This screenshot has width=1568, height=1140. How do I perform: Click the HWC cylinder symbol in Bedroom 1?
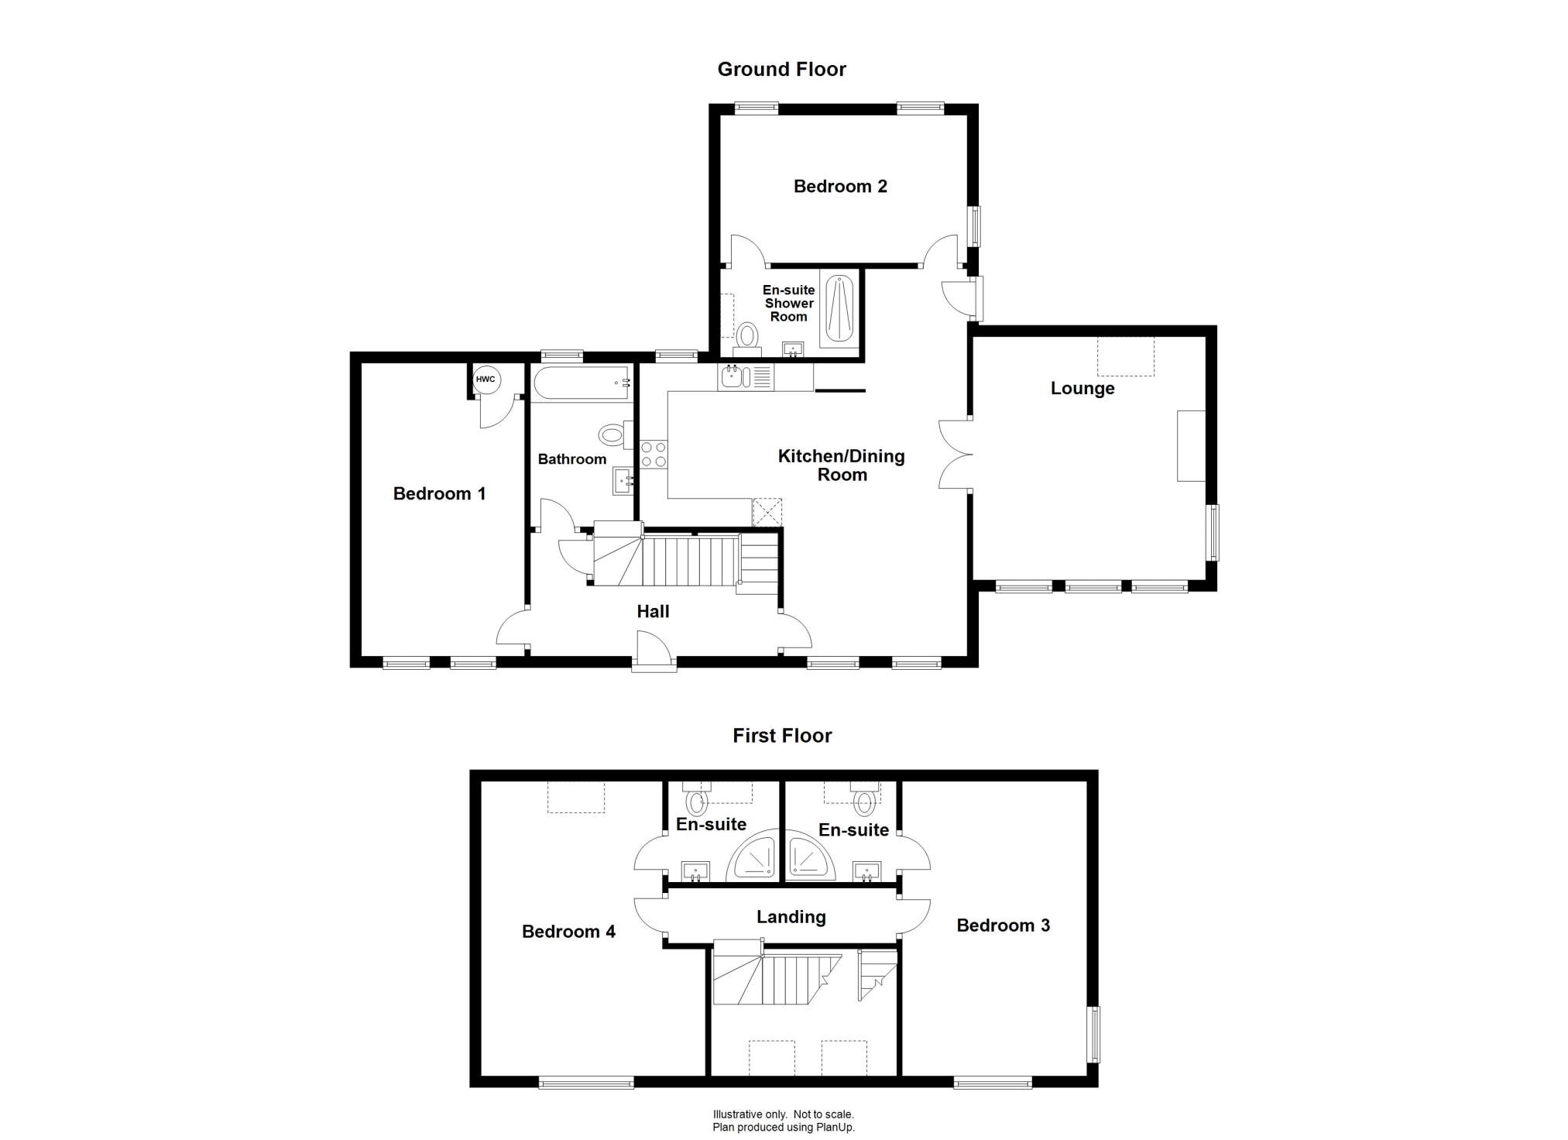[x=486, y=379]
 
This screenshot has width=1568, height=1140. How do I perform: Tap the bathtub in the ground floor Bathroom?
[x=582, y=383]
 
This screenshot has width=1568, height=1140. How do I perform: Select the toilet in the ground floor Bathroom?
[x=616, y=434]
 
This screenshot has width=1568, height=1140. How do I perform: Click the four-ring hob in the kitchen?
[x=653, y=453]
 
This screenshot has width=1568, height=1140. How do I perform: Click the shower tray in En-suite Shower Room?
[x=839, y=309]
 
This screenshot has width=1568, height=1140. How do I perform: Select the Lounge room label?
[x=1082, y=389]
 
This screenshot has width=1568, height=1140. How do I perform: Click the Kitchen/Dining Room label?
[x=842, y=465]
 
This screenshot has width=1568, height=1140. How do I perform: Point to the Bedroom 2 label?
[x=840, y=187]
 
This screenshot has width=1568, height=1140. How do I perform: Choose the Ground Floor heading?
[x=781, y=70]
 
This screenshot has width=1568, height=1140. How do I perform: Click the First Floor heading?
[x=782, y=736]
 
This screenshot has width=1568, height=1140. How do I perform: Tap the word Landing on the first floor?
[x=791, y=918]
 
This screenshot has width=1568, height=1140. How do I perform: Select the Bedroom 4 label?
[x=568, y=932]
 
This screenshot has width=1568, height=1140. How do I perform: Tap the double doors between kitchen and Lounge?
[x=956, y=455]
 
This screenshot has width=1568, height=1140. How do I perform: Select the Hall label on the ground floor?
[x=653, y=612]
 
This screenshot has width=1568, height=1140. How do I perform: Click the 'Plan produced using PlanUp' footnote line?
[x=784, y=1128]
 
